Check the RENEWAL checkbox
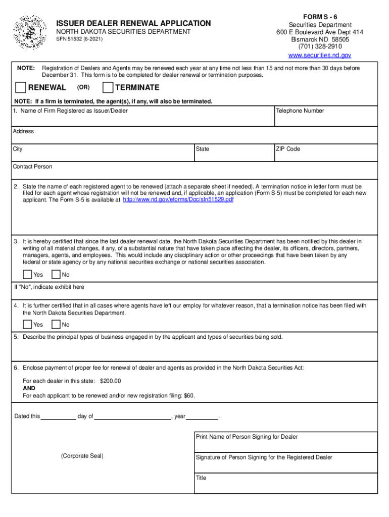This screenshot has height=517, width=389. [21, 87]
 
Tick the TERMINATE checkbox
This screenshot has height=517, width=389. [108, 87]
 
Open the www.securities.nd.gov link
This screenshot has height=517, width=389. [319, 55]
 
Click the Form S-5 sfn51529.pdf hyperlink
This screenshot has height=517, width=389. [178, 199]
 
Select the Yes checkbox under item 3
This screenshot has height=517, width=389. [27, 275]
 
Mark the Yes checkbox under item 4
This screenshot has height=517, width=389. [27, 325]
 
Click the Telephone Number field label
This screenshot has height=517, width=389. [300, 111]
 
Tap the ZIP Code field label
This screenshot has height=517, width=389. [288, 149]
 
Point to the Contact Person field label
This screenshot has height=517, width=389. [32, 167]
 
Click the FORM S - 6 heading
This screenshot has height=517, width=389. [320, 16]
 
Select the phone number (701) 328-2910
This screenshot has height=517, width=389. [320, 46]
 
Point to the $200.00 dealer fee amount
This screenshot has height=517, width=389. [111, 381]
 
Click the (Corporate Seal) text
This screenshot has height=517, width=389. [82, 456]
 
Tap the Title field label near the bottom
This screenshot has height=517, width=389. [201, 478]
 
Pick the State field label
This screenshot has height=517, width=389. [203, 149]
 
